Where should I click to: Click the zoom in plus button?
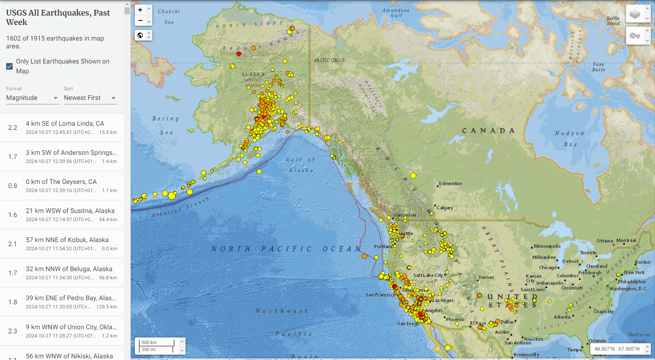[x=140, y=10]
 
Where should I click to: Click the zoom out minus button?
[x=140, y=20]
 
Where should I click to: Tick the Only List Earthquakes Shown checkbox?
[x=9, y=66]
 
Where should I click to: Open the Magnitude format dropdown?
[x=32, y=98]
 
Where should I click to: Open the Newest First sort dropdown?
[x=90, y=98]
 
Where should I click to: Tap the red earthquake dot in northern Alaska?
[x=239, y=54]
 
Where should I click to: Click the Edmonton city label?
[x=451, y=183]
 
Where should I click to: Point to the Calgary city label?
[x=445, y=208]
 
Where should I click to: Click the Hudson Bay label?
[x=570, y=138]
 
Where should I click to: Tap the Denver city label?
[x=486, y=277]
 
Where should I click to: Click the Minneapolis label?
[x=547, y=246]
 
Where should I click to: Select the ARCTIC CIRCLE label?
[x=329, y=60]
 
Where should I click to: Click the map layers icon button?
[x=635, y=14]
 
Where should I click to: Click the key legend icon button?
[x=635, y=36]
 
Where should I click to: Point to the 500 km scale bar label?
[x=149, y=342]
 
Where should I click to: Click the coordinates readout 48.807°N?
[x=617, y=349]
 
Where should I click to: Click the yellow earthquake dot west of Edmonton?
[x=413, y=176]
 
